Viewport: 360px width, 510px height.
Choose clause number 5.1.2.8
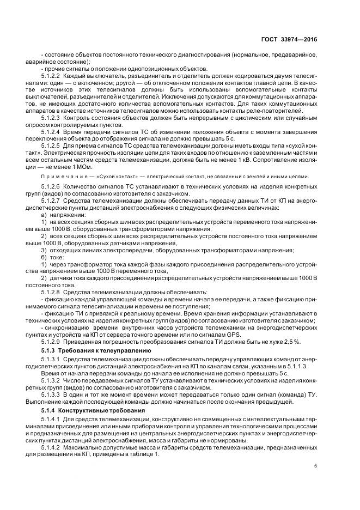51,292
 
